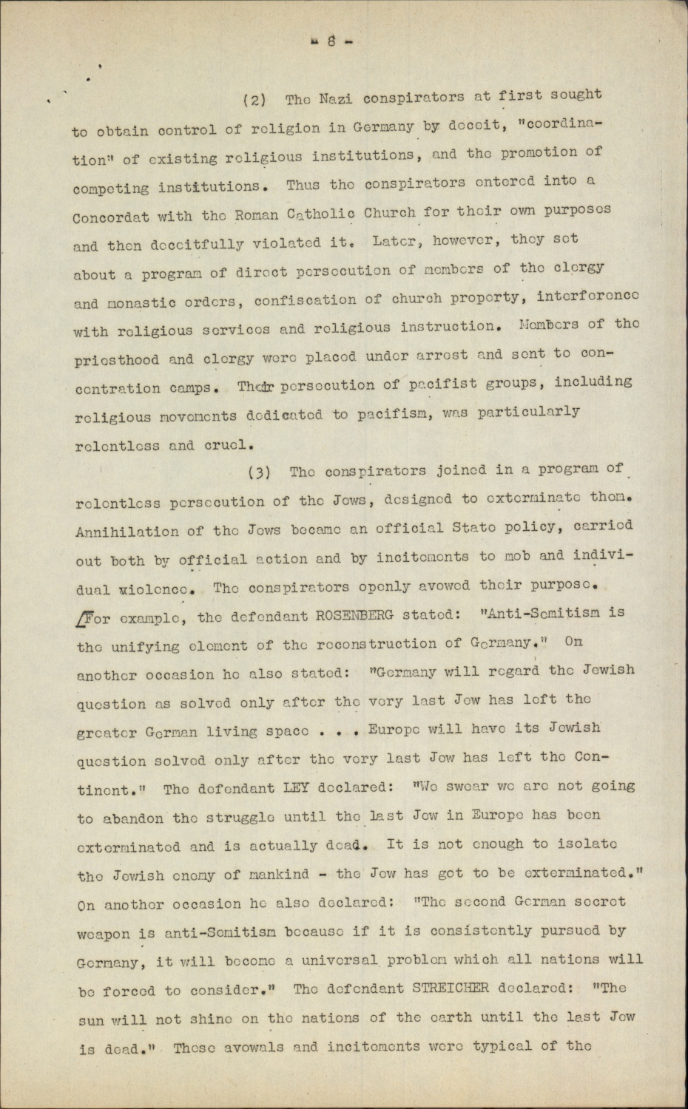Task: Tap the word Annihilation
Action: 127,531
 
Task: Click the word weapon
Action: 105,932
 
